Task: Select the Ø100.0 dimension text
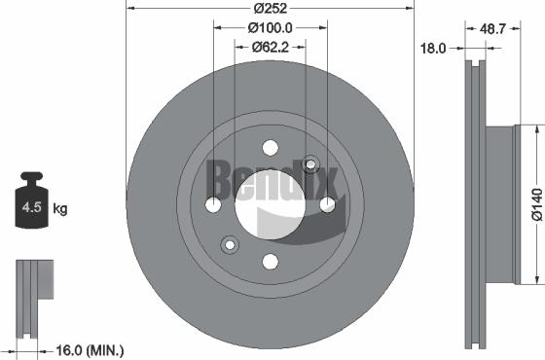[x=271, y=27]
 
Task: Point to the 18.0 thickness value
[x=433, y=46]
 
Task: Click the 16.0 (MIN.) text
[x=86, y=347]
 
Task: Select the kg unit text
[x=61, y=208]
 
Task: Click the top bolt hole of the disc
[x=271, y=149]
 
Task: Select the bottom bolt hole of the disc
[x=271, y=261]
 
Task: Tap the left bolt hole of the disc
[x=214, y=204]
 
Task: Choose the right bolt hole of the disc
[x=327, y=204]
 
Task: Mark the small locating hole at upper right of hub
[x=311, y=164]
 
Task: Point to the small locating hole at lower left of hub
[x=230, y=243]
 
